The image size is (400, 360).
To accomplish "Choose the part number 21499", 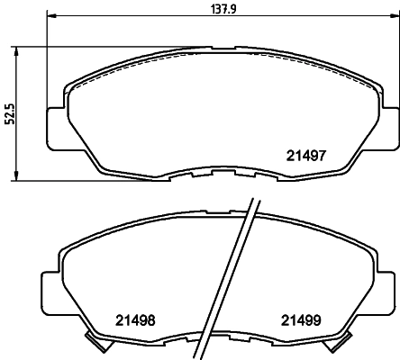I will click(301, 319).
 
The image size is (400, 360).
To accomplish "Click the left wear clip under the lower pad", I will click(93, 341).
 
